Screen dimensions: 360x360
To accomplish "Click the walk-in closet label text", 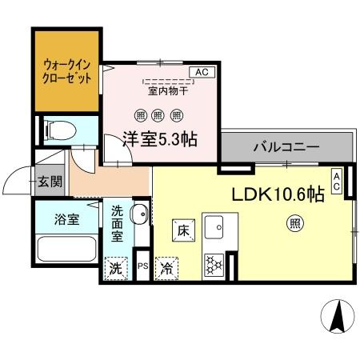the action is (x=67, y=72).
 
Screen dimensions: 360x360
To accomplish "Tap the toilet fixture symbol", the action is (x=61, y=130).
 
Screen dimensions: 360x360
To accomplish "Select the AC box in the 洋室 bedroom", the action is (x=202, y=72).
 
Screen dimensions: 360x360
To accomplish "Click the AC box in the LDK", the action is (x=337, y=182).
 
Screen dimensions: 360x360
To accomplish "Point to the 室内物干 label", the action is (x=168, y=91).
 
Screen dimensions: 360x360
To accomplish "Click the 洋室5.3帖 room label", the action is (x=160, y=139).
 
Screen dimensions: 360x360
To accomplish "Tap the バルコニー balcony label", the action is (x=286, y=146).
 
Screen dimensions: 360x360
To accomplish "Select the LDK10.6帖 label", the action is (x=278, y=194).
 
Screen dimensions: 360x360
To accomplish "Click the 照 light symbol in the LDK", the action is (x=294, y=223).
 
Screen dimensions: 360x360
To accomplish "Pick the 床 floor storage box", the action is (x=183, y=230).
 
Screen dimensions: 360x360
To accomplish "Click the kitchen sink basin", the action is (x=214, y=227).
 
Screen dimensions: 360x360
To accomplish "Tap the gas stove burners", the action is (x=214, y=265).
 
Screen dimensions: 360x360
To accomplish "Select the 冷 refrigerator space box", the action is (x=166, y=269).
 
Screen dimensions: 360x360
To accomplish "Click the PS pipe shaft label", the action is (x=143, y=266).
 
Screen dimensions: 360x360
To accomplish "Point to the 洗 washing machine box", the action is (x=116, y=269).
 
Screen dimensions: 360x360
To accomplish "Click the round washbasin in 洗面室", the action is (x=139, y=214).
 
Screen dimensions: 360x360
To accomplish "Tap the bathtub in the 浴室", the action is (x=66, y=250).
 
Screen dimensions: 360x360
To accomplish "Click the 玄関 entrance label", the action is (x=50, y=182).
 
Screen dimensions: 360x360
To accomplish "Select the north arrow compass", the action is (x=338, y=316).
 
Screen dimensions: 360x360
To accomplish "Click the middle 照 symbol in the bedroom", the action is (x=158, y=116).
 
